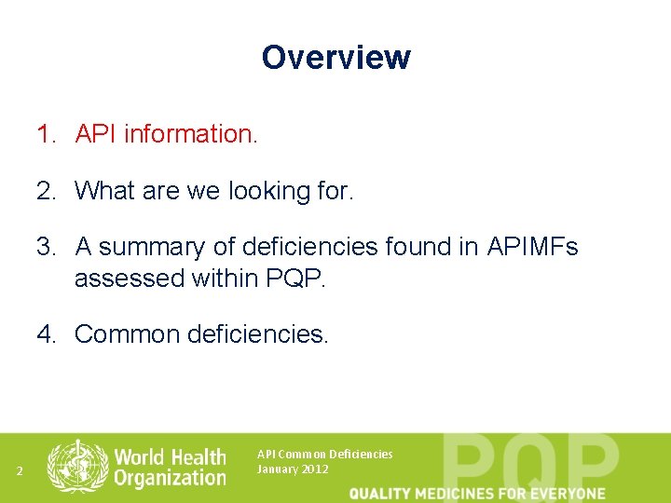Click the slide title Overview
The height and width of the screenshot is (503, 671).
click(x=335, y=58)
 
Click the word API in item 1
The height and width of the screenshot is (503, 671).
click(x=96, y=134)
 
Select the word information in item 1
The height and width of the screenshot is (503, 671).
click(x=190, y=134)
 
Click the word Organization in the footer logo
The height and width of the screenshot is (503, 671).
click(x=171, y=478)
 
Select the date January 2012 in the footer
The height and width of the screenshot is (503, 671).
click(x=293, y=469)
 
